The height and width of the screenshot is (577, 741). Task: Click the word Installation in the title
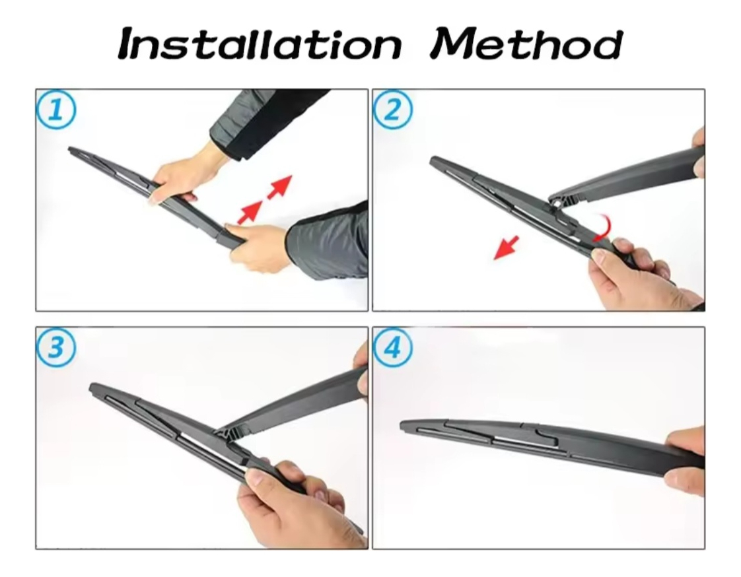(x=260, y=44)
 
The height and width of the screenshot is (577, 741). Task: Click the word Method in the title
(x=526, y=44)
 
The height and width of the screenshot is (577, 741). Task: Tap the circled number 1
(x=55, y=110)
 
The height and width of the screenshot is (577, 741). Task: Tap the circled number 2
(x=393, y=110)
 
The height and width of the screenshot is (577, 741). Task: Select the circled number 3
(x=55, y=347)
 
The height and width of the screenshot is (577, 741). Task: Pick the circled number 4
(x=393, y=348)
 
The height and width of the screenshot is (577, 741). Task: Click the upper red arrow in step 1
(x=280, y=186)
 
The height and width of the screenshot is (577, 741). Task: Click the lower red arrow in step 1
(x=250, y=212)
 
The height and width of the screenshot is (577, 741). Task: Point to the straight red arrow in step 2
(x=506, y=248)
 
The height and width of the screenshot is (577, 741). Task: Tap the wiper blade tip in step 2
(x=433, y=161)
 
